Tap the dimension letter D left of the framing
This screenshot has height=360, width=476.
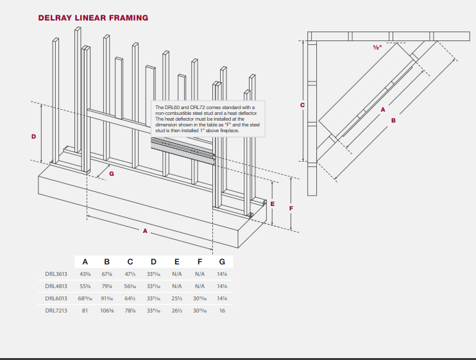tap(33, 136)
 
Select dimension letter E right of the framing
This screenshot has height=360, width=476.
tap(273, 203)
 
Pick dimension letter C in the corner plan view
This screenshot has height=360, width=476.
tap(303, 105)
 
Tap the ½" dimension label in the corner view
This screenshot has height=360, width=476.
tap(377, 47)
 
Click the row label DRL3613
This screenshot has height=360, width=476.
tap(56, 274)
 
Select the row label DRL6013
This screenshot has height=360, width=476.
tap(56, 298)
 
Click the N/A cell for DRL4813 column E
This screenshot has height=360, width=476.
tap(176, 286)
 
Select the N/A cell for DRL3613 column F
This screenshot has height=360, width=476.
tap(200, 274)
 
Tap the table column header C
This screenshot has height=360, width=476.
tap(130, 261)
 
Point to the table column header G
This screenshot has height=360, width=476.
tap(222, 261)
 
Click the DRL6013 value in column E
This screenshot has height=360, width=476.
tap(176, 298)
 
